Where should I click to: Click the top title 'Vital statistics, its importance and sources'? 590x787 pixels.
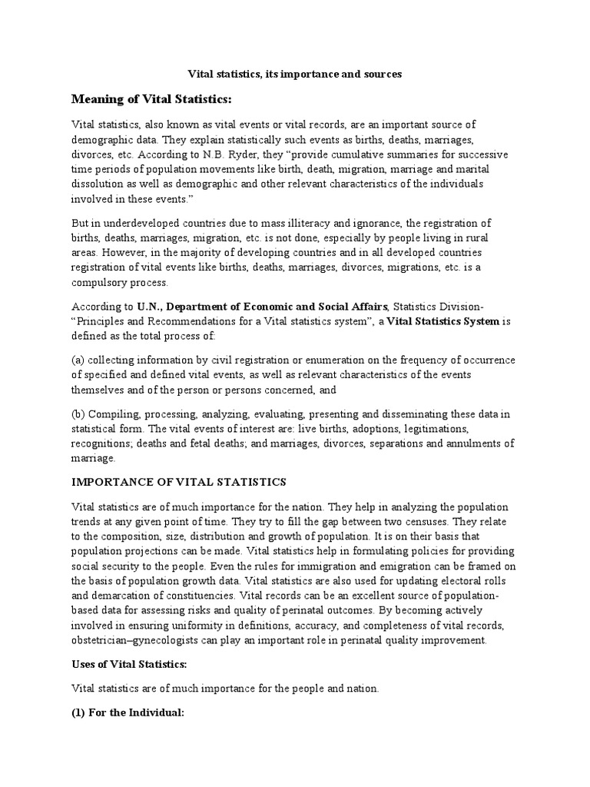(x=296, y=75)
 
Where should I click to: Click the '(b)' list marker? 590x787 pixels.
(x=79, y=414)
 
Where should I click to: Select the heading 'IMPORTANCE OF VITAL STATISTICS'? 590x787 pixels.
(x=178, y=482)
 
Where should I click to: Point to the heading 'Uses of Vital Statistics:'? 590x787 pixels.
(x=129, y=663)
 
